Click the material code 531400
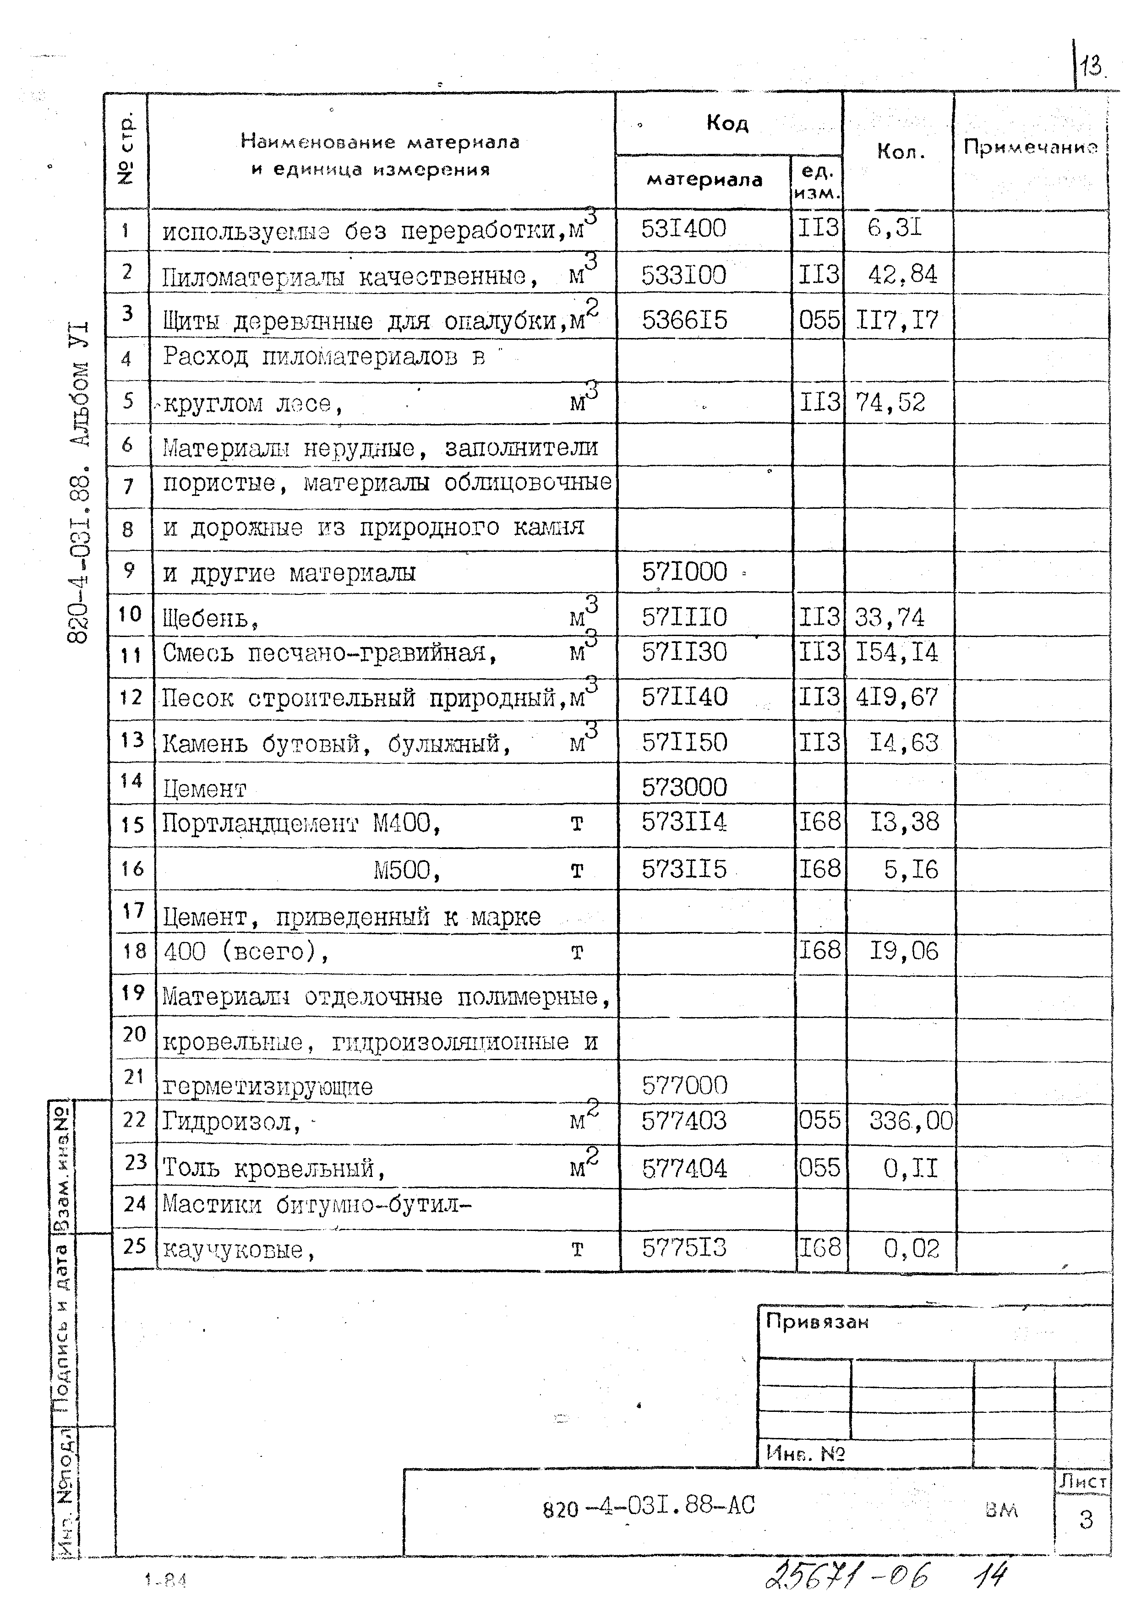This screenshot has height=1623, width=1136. [x=683, y=229]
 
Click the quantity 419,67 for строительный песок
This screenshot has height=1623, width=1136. [x=896, y=697]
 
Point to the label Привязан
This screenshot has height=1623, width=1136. [x=816, y=1321]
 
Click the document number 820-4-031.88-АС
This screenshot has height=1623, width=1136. [x=648, y=1506]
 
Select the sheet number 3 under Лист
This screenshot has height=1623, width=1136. [x=1086, y=1519]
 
